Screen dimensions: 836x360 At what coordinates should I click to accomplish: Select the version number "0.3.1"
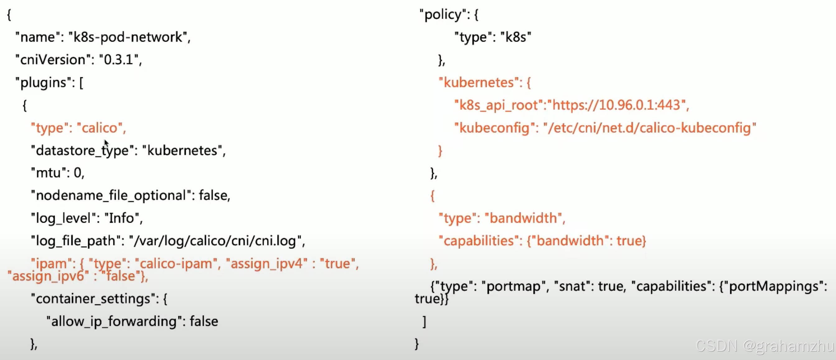(119, 60)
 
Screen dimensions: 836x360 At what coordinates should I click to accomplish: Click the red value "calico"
(99, 128)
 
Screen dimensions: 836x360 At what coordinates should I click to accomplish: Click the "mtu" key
(48, 173)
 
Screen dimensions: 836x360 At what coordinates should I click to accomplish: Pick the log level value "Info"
(121, 218)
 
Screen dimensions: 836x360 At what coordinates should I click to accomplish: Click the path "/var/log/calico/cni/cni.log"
(214, 241)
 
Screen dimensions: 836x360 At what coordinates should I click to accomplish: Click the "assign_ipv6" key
(48, 276)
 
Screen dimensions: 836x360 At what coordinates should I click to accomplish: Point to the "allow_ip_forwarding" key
(114, 321)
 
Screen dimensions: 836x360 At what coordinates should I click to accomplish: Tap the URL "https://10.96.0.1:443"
(616, 105)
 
